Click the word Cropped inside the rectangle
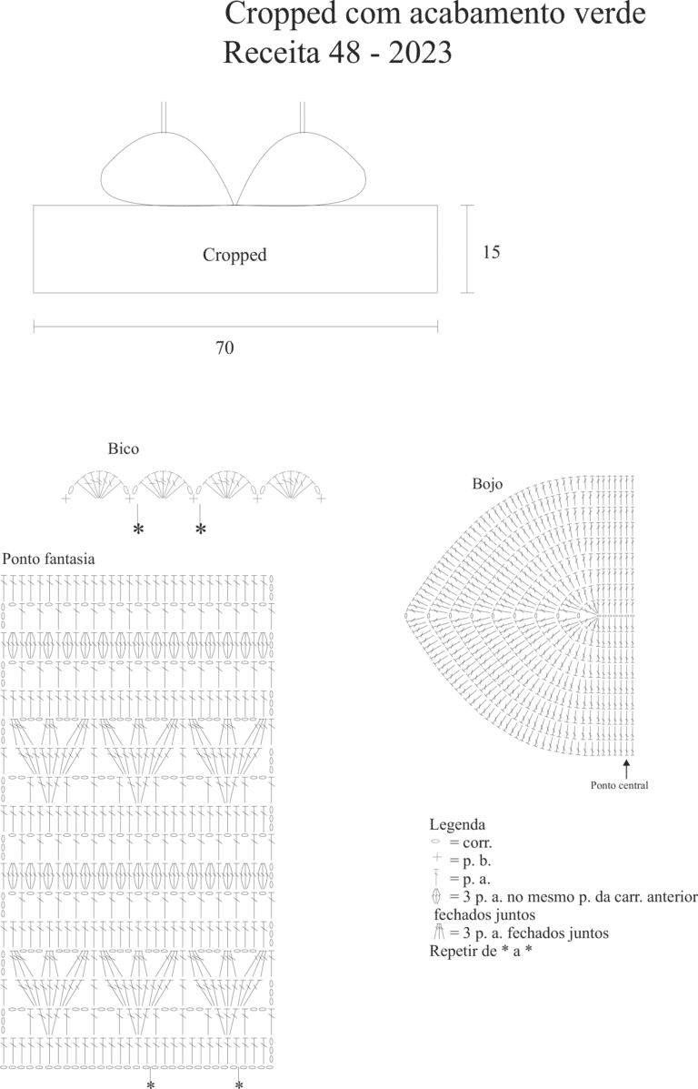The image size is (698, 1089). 234,255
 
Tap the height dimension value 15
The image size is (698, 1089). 492,251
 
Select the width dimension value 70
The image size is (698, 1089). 224,348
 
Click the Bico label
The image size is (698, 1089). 124,449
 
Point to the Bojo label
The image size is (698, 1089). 488,484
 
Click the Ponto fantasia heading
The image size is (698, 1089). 48,559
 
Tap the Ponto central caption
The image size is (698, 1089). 620,785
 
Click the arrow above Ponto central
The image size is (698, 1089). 626,768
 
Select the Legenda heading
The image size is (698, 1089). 457,824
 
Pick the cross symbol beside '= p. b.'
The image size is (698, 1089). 436,859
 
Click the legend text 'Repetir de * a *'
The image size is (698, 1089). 481,951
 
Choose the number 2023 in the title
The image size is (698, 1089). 421,53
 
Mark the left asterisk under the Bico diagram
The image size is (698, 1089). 138,529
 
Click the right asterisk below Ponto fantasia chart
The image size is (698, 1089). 239,1084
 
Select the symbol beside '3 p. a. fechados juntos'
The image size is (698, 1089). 438,932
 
